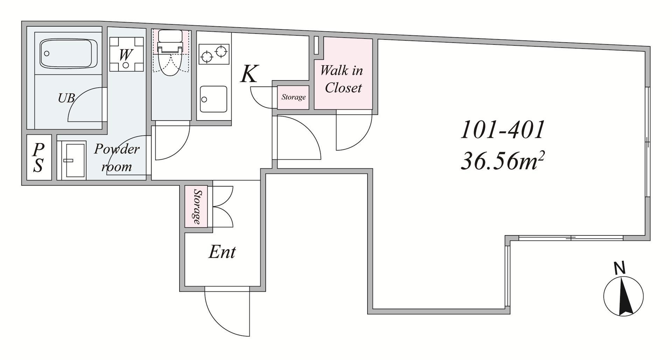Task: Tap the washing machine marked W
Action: tap(126, 54)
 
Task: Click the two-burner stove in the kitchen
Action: tap(214, 54)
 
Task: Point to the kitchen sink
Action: tap(213, 99)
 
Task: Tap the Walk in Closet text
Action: tap(342, 79)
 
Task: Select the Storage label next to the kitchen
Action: tap(293, 97)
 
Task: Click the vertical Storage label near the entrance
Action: tap(197, 207)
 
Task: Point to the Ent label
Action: tap(222, 252)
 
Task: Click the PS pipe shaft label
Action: tap(38, 158)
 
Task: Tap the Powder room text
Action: tap(117, 157)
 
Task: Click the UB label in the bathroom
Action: tap(66, 98)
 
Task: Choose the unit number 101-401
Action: tap(502, 130)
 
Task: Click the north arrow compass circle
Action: tap(623, 296)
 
